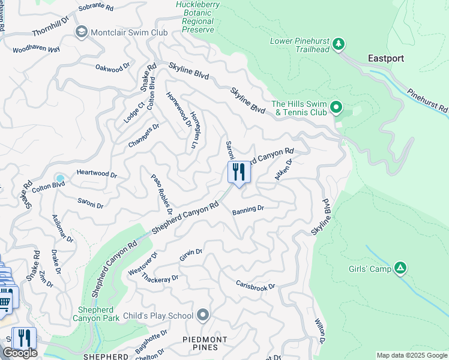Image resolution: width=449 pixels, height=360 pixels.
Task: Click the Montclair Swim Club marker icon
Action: [82, 32]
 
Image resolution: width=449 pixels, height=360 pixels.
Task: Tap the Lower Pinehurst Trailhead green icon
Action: [339, 44]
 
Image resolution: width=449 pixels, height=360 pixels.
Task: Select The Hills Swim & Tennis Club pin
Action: [336, 108]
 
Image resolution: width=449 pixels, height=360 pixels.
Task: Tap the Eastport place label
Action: [385, 58]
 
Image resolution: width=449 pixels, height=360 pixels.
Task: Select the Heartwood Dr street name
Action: [97, 173]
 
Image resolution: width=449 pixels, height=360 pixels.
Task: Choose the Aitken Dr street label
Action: [283, 170]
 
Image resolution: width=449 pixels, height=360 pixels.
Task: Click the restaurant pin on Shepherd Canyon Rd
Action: [239, 173]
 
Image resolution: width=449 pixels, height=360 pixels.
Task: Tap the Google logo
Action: [20, 353]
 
